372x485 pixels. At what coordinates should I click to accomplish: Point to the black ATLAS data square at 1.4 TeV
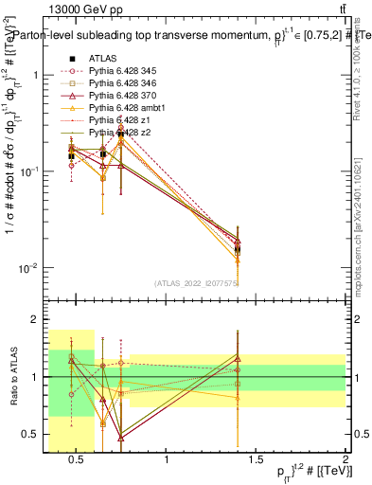coord(238,250)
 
